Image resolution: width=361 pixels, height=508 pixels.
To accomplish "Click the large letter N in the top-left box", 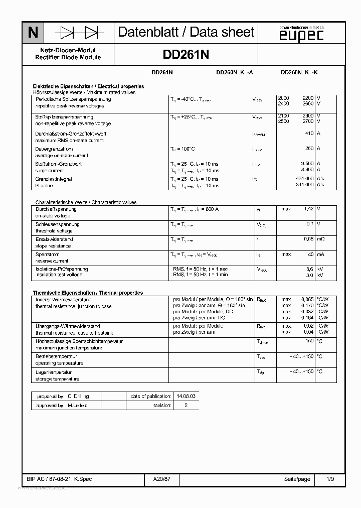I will click(x=33, y=33).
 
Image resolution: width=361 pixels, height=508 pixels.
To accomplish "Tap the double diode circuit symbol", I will click(x=79, y=33).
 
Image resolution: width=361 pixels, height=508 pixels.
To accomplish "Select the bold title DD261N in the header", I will click(x=186, y=54).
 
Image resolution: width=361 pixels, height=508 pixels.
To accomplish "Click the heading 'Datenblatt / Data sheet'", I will click(x=186, y=33).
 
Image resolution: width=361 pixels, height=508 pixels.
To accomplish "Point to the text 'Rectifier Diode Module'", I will click(x=68, y=58).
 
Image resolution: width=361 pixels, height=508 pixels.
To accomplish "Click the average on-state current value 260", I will click(x=309, y=149).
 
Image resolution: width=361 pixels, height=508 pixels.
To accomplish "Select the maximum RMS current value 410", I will click(x=309, y=134).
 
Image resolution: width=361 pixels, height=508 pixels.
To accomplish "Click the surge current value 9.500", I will click(x=307, y=164).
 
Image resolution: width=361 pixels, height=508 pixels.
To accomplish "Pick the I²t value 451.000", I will click(x=305, y=179).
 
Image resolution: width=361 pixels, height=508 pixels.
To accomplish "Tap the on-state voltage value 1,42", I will click(x=308, y=209).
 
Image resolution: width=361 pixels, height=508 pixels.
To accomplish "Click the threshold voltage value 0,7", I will click(x=310, y=224).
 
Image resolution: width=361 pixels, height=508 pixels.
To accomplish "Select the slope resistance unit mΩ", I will click(x=320, y=239).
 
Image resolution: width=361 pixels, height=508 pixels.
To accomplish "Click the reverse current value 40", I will click(x=310, y=254).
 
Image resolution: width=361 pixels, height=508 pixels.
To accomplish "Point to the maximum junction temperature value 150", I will click(x=309, y=341).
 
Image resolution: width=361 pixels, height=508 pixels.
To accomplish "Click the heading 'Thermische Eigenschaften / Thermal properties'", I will click(x=88, y=293).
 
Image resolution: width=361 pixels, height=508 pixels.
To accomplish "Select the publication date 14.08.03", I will click(x=186, y=396).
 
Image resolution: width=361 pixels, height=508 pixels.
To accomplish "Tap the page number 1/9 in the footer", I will click(x=329, y=479).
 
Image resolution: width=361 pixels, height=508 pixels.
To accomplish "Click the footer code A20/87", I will click(x=162, y=479).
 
